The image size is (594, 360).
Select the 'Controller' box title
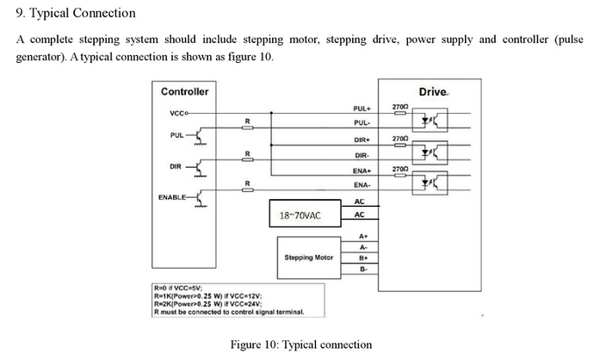184,91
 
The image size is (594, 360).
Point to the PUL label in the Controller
176,136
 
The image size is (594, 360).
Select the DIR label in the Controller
176,166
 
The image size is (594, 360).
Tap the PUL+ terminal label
362,109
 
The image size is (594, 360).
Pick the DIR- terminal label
362,155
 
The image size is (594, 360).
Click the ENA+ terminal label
362,171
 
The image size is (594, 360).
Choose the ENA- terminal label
362,185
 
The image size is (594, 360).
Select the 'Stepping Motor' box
308,258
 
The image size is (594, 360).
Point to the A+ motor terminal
362,236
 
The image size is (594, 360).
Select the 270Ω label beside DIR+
399,138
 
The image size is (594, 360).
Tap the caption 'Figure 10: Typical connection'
301,344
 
